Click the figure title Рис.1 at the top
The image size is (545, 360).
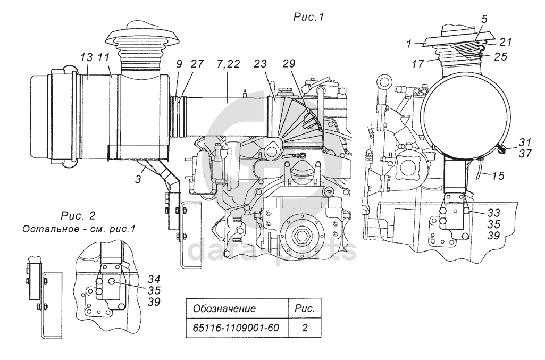(x=309, y=17)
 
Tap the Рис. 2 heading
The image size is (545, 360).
(x=79, y=216)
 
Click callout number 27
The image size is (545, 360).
(x=197, y=63)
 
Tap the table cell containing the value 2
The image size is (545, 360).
(x=305, y=328)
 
